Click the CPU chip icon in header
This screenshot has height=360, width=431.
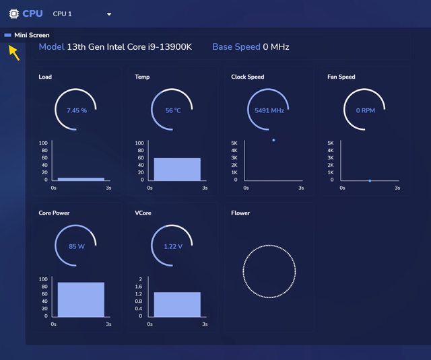tap(13, 13)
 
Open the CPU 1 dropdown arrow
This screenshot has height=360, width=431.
tap(109, 14)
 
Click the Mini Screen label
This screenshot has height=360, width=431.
tap(32, 35)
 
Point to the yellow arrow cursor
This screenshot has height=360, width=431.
tap(14, 52)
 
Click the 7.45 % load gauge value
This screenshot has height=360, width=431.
tap(77, 110)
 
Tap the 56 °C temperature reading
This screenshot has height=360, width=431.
tap(173, 110)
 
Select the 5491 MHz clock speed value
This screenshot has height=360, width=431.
tap(269, 110)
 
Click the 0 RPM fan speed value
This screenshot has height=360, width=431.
tap(365, 110)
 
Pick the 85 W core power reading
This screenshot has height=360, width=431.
tap(77, 246)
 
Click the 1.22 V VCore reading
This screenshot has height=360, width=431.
tap(173, 246)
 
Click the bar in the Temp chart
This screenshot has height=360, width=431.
tap(177, 169)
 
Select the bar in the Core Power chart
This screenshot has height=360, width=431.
tap(81, 299)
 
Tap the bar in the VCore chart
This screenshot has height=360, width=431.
tap(177, 303)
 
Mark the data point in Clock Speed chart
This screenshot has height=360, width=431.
tap(273, 140)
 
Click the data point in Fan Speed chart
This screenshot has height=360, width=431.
tap(370, 180)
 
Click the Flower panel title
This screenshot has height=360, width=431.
tap(240, 213)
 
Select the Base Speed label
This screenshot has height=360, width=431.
tap(236, 47)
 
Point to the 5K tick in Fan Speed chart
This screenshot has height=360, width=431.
tap(331, 143)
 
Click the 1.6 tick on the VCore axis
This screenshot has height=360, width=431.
tap(139, 287)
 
